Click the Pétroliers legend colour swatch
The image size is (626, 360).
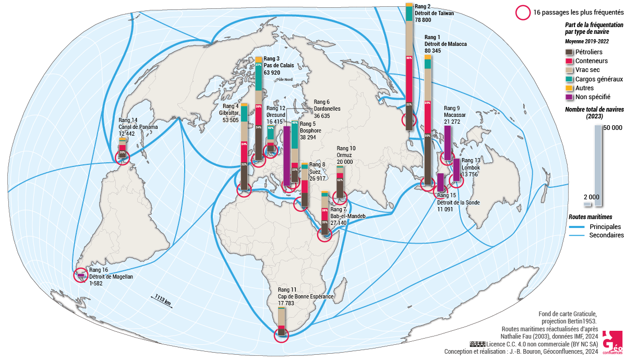coord(569,52)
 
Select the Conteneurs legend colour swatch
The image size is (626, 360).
coord(569,61)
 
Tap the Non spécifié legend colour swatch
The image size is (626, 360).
coord(569,97)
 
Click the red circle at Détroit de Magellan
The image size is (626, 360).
coord(80,274)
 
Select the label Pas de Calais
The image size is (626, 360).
coord(279,66)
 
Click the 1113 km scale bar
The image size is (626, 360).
coord(163,301)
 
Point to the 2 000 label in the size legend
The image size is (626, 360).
coord(591,197)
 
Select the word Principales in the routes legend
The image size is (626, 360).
coord(605,227)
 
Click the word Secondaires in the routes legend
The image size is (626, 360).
coord(607,236)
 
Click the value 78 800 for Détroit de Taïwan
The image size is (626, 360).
coord(423,20)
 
